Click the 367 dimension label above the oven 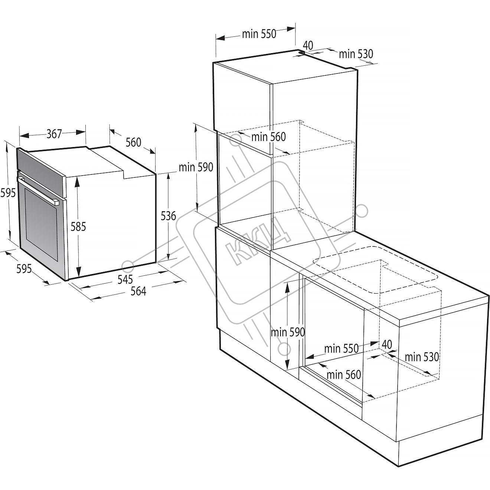tap(54, 134)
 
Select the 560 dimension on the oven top tap(133, 143)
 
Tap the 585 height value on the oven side tap(78, 226)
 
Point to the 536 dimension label tap(168, 216)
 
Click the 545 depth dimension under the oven tap(125, 280)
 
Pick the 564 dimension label tap(138, 291)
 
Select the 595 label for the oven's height tap(8, 193)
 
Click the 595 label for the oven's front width tap(24, 269)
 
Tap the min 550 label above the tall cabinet tap(259, 34)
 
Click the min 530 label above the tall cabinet tap(356, 54)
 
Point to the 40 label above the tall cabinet tap(308, 46)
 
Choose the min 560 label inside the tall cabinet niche tap(268, 137)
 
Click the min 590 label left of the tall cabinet tap(196, 167)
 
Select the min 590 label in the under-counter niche tap(288, 332)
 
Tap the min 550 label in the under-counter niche tap(342, 349)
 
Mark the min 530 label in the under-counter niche tap(422, 357)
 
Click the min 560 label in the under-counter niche tap(344, 375)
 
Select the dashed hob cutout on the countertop tap(375, 270)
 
